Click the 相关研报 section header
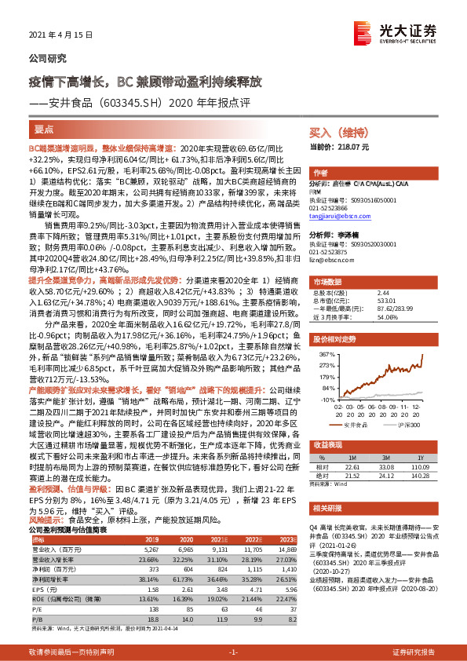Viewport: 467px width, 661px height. click(x=329, y=507)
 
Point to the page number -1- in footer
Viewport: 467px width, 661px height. click(x=232, y=652)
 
